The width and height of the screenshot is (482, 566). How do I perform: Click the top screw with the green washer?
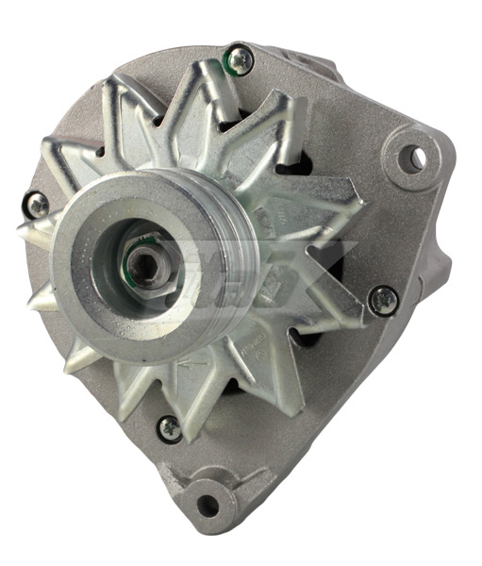click(241, 60)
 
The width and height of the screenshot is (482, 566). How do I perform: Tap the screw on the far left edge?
click(37, 204)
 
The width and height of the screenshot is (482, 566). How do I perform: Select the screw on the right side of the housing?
click(382, 300)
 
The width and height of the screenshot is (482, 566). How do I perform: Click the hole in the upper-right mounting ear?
click(412, 158)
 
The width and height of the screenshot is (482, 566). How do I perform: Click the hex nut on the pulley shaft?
click(146, 265)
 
